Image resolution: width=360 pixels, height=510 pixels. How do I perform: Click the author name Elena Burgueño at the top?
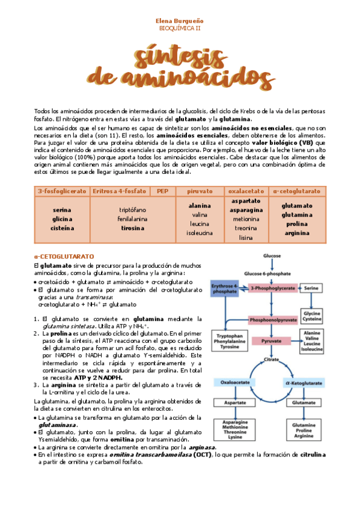[180, 20]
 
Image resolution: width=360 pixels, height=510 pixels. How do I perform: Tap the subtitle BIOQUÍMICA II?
[180, 28]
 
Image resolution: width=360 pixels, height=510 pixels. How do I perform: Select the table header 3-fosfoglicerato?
[62, 191]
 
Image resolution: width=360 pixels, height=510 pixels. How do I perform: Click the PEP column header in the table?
[162, 191]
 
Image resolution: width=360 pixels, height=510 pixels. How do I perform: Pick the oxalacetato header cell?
[246, 191]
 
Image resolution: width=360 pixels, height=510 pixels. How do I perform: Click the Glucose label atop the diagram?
[272, 256]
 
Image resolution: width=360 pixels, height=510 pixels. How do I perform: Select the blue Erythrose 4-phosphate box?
[225, 288]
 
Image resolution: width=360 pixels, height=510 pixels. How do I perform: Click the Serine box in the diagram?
[310, 288]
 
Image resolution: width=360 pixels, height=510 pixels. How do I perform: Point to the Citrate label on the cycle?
[272, 360]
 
